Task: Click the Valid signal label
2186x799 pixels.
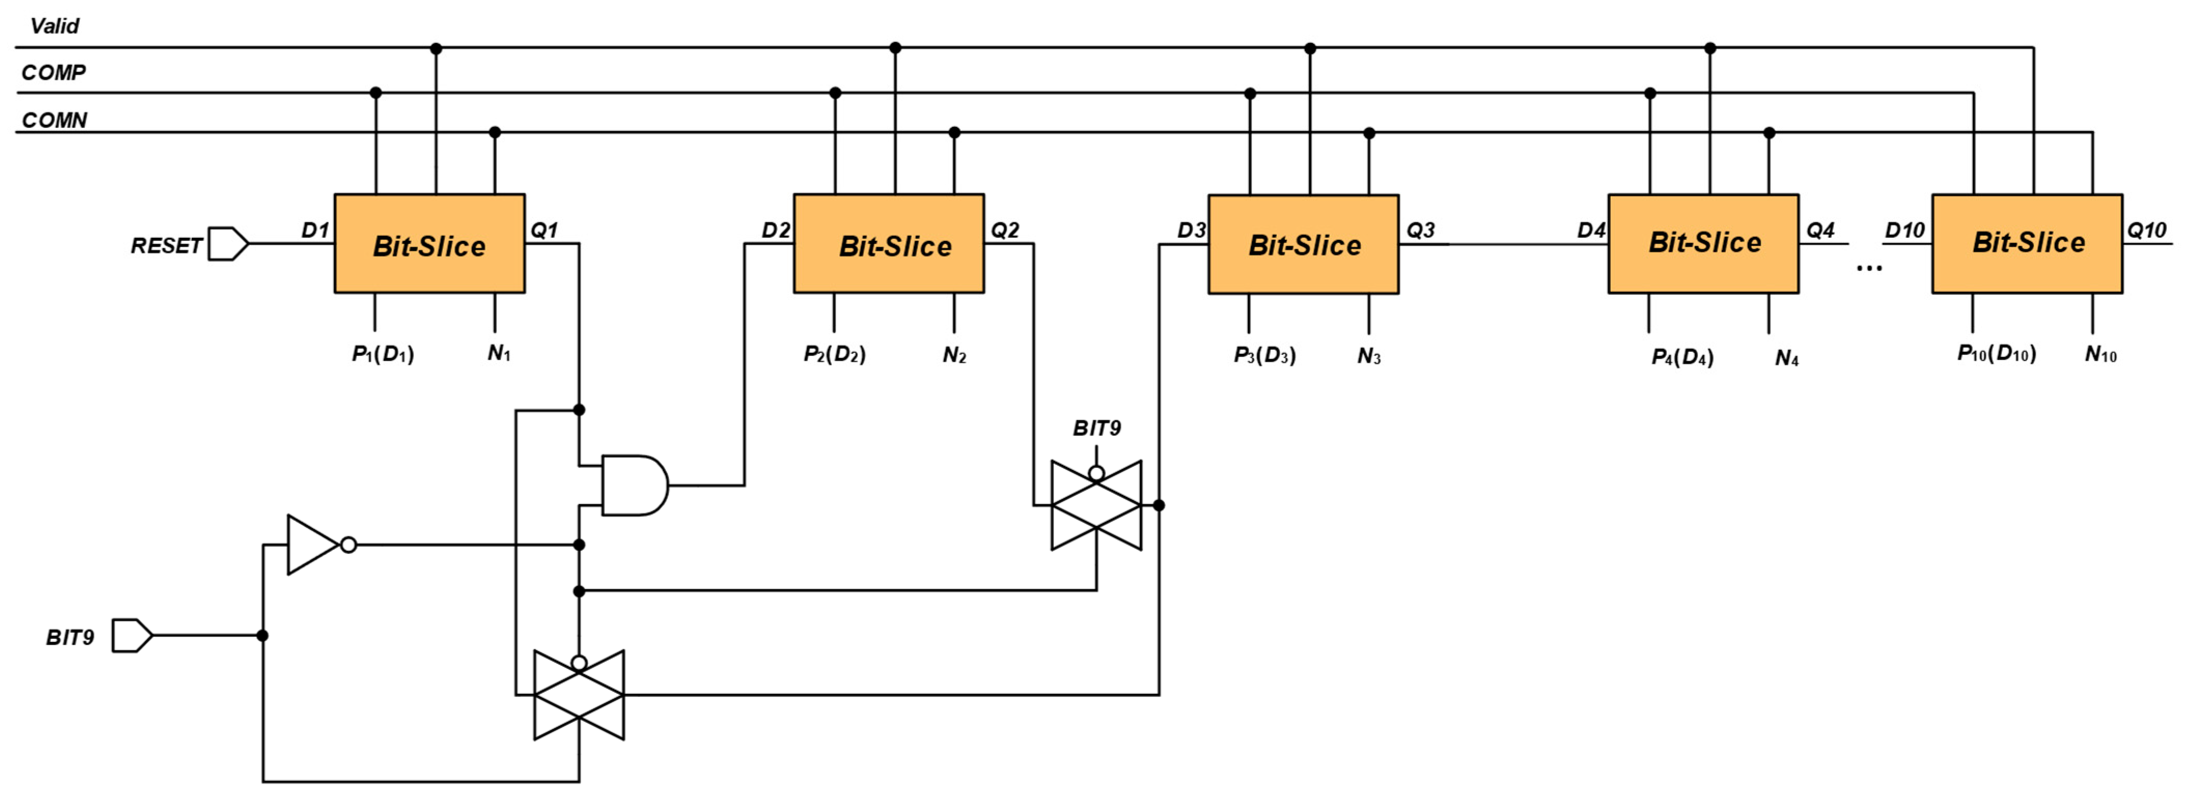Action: tap(54, 26)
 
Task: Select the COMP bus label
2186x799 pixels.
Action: tap(53, 73)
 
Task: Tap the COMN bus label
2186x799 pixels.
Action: tap(54, 120)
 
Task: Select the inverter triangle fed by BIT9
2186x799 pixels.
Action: tap(312, 545)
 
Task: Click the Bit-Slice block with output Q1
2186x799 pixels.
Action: tap(429, 244)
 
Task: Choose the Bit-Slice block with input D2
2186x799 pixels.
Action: tap(888, 244)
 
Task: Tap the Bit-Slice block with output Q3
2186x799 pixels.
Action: tap(1303, 244)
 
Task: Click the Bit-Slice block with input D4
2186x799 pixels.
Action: tap(1703, 244)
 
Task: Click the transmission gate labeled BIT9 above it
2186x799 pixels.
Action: tap(1096, 506)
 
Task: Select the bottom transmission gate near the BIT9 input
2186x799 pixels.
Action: tap(579, 695)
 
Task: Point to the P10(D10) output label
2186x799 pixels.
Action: tap(1996, 354)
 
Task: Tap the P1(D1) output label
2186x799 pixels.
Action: tap(383, 354)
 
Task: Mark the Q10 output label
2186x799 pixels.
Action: tap(2146, 230)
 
